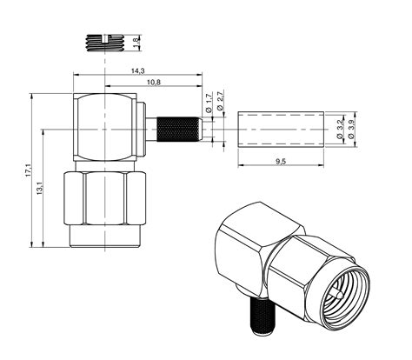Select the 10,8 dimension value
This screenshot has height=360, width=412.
click(x=154, y=82)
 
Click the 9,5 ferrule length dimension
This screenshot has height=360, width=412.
click(x=280, y=161)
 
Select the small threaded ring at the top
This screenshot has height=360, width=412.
click(x=105, y=41)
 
